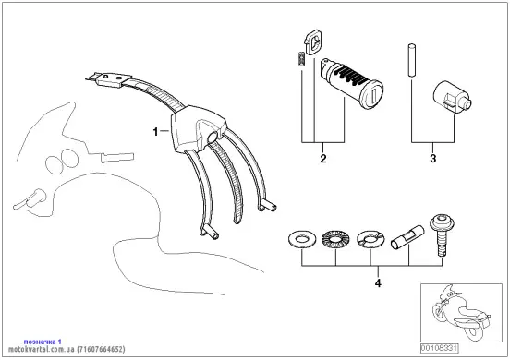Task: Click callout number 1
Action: (x=155, y=132)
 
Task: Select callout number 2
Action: (x=323, y=159)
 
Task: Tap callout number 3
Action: (x=433, y=159)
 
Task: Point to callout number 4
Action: (x=378, y=283)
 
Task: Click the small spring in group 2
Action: (x=301, y=59)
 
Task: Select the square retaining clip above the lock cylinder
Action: (x=313, y=42)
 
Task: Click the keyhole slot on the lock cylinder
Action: (x=374, y=96)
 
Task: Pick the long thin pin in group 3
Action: (x=411, y=60)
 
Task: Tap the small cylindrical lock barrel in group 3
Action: (x=452, y=98)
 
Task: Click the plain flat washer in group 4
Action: (x=301, y=240)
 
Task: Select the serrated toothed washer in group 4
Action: (x=335, y=240)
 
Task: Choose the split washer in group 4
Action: (x=370, y=240)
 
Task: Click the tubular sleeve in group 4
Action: (x=407, y=239)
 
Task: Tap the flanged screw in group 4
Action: (x=442, y=235)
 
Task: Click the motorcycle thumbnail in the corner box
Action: (x=461, y=313)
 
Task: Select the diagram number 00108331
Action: (x=439, y=349)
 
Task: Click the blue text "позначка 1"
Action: (x=42, y=342)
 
